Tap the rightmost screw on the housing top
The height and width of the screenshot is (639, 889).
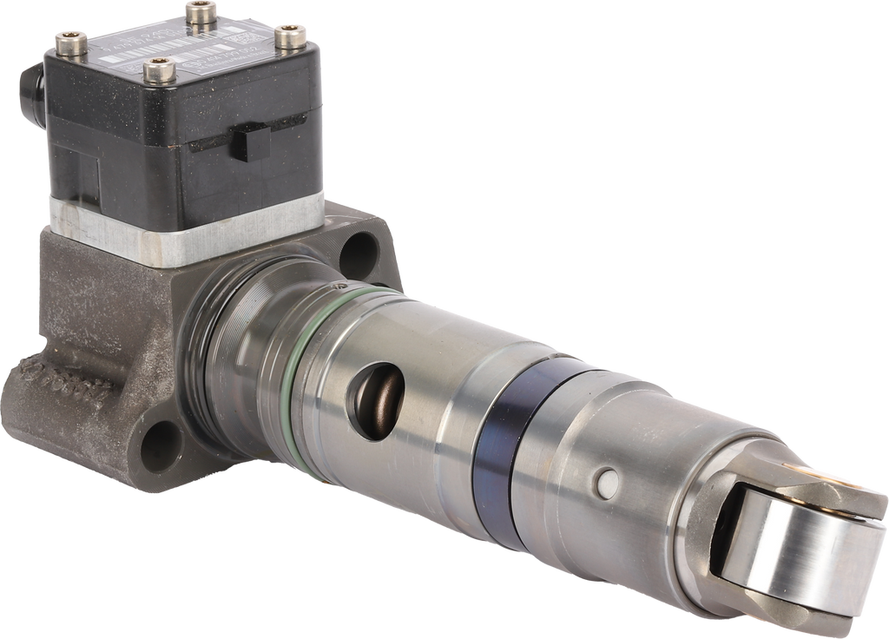286,34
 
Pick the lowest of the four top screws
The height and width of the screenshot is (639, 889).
157,66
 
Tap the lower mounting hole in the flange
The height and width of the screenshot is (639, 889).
161,444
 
